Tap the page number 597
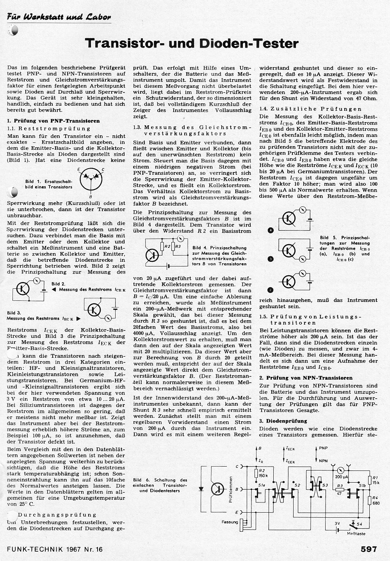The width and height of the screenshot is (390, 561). coord(369,549)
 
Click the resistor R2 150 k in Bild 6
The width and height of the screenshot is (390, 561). coord(257,473)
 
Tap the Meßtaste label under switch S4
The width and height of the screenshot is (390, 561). coord(356,533)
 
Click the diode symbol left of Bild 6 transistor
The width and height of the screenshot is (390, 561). coord(202,488)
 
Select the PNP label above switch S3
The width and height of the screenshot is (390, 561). coord(323,448)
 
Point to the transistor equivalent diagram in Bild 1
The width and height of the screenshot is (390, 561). coord(91,178)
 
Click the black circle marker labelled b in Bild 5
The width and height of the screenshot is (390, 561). coord(271,259)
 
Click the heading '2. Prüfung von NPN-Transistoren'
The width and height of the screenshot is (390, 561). coord(305,378)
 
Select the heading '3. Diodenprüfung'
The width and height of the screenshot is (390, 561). coord(283,421)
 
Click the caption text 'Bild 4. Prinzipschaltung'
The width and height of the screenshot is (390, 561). coord(219,248)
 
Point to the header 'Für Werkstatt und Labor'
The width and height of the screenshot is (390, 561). coord(59,17)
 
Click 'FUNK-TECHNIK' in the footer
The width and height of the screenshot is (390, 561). coord(34,550)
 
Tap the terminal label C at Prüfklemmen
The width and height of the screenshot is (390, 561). coord(237,467)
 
